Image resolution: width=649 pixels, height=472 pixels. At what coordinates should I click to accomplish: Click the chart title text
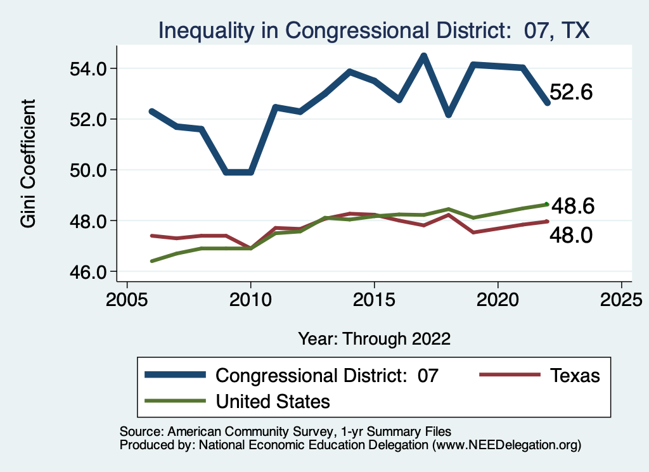click(x=374, y=30)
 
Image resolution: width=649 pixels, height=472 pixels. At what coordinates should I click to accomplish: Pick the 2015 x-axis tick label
click(x=374, y=299)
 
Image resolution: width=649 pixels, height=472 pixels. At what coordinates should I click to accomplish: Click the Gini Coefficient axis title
click(x=28, y=163)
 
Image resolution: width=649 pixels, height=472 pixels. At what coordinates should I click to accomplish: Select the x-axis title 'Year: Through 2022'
click(x=374, y=338)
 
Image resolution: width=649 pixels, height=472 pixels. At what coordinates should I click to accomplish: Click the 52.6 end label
click(x=570, y=92)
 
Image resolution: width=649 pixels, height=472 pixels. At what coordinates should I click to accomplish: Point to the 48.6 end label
click(x=572, y=206)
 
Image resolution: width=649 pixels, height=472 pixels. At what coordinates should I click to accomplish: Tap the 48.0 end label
click(x=571, y=236)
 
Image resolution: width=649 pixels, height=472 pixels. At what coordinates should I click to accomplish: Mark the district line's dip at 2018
click(x=449, y=115)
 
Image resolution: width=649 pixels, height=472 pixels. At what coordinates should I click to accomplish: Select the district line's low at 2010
click(x=251, y=172)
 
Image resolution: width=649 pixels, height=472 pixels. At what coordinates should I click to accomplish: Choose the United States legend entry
click(x=238, y=401)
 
